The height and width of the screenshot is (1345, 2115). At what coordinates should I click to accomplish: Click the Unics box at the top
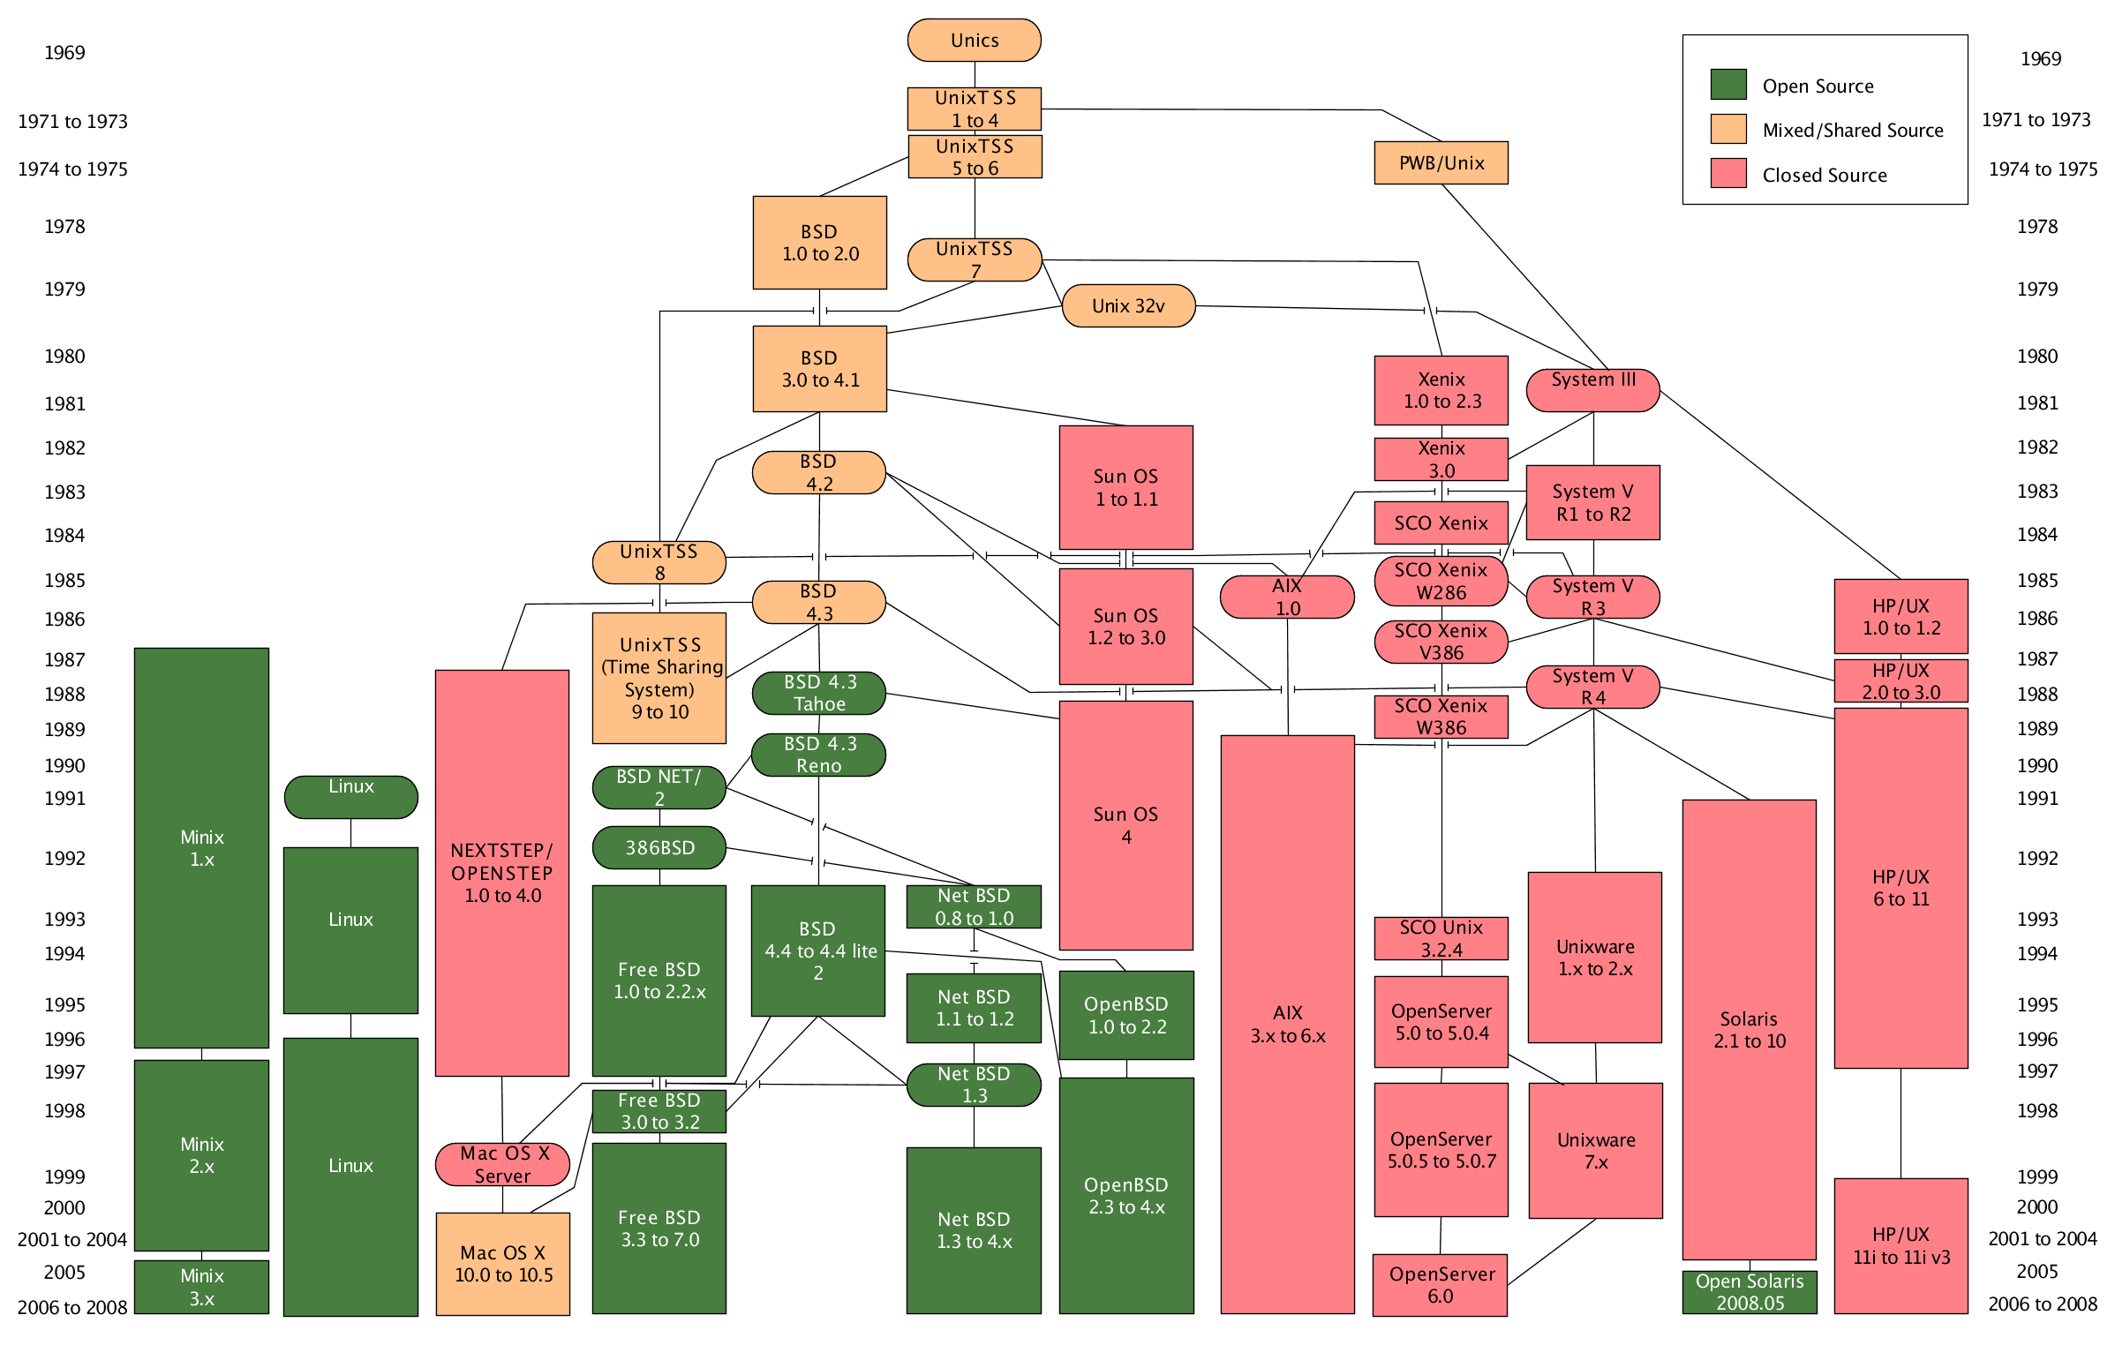coord(975,41)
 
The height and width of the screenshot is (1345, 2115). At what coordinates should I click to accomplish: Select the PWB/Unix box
coord(1441,163)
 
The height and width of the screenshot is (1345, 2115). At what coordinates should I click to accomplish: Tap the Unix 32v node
coord(1128,306)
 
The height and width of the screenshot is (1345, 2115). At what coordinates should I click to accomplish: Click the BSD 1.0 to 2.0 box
coord(819,243)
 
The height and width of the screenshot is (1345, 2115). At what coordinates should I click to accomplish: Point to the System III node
coord(1593,390)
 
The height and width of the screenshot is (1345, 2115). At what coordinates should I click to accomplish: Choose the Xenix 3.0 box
coord(1441,459)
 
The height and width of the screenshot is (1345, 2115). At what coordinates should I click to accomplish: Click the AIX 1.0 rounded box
coord(1287,597)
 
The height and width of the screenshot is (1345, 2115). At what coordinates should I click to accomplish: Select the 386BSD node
coord(659,848)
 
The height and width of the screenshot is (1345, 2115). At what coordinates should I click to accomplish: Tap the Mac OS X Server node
coord(502,1165)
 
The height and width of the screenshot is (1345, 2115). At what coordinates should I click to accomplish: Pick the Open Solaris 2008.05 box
coord(1750,1292)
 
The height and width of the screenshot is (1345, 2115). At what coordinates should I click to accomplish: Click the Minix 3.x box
coord(201,1287)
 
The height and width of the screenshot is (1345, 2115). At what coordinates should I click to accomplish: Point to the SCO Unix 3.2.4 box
coord(1441,938)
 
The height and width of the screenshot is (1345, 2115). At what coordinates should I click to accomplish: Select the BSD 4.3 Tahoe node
coord(818,694)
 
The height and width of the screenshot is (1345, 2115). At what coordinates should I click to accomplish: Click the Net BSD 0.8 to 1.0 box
coord(974,906)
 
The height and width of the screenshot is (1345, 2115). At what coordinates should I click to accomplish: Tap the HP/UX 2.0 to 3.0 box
coord(1900,681)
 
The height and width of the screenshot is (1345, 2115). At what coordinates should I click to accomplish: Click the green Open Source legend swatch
coord(1728,85)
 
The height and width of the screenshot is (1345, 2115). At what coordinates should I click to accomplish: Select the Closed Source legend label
coord(1825,176)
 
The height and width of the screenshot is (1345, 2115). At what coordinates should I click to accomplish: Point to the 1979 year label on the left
coord(64,289)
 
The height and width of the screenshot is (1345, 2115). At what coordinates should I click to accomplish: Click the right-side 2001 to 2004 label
coord(2042,1239)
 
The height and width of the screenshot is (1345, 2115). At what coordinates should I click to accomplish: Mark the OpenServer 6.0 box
coord(1440,1285)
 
